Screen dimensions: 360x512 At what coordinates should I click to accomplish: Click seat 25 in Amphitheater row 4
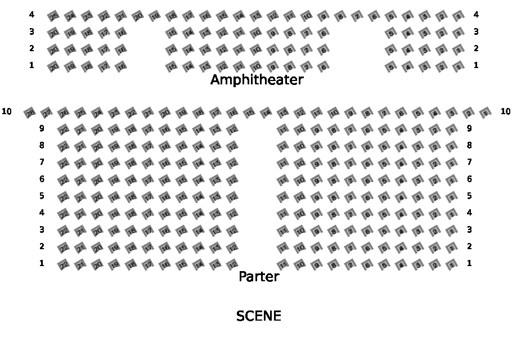point(53,17)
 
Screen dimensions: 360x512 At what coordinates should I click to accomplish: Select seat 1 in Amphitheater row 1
point(459,67)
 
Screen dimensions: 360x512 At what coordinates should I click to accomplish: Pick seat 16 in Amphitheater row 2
point(121,51)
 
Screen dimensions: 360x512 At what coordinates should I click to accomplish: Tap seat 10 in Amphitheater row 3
point(256,34)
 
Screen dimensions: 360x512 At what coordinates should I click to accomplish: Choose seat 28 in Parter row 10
point(30,114)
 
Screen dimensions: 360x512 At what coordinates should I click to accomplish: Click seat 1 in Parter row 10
point(486,114)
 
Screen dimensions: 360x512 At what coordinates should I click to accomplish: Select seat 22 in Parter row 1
point(64,265)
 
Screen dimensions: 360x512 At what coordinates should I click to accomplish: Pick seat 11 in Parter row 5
point(283,197)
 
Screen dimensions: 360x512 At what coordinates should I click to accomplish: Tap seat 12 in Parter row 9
point(232,130)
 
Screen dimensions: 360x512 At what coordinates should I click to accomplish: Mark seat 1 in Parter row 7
point(452,164)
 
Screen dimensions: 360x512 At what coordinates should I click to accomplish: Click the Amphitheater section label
point(257,80)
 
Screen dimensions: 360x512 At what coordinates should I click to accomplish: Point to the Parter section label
point(259,277)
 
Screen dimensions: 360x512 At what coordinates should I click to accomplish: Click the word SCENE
point(259,316)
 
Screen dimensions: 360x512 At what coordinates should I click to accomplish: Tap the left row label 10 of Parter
point(7,111)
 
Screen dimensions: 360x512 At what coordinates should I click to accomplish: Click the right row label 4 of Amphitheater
point(476,15)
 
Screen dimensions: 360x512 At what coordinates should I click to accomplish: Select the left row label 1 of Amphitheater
point(32,65)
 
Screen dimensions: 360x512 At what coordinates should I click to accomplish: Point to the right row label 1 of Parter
point(469,263)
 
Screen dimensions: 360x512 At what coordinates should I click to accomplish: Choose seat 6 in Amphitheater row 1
point(324,67)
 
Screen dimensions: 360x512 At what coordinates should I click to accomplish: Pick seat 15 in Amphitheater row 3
point(172,34)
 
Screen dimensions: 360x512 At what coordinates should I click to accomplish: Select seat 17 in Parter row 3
point(148,231)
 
